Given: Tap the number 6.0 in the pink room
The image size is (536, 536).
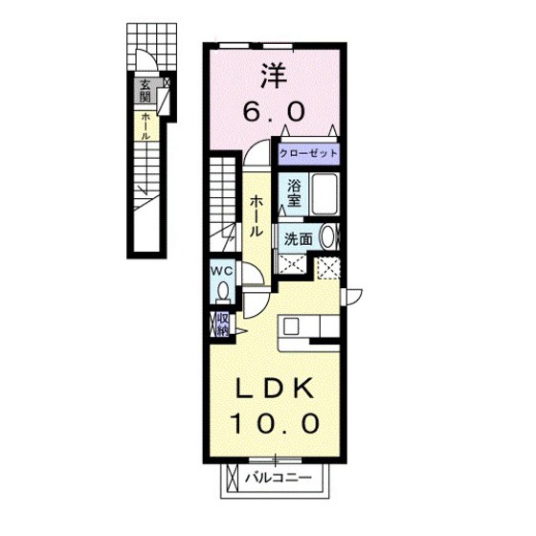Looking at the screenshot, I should click(274, 110).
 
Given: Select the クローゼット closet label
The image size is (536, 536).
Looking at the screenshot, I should click(309, 152).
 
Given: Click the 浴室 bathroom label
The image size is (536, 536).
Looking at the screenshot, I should click(293, 195).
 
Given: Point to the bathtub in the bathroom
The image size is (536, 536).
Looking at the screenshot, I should click(324, 195).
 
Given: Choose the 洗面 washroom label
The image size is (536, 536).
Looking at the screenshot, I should click(299, 238).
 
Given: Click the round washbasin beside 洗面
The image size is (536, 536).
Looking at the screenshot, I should click(327, 237).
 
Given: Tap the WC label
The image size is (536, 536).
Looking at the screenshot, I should click(222, 271).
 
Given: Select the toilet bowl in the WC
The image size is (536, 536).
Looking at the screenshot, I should click(223, 291).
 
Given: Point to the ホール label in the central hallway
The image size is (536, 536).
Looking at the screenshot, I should click(257, 216).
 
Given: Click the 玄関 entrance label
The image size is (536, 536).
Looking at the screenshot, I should click(145, 91).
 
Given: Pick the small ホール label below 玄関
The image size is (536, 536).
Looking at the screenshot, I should click(145, 126).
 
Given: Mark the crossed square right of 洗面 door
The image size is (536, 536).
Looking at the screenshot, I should click(328, 269).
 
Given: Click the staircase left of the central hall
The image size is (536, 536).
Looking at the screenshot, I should click(221, 191).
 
